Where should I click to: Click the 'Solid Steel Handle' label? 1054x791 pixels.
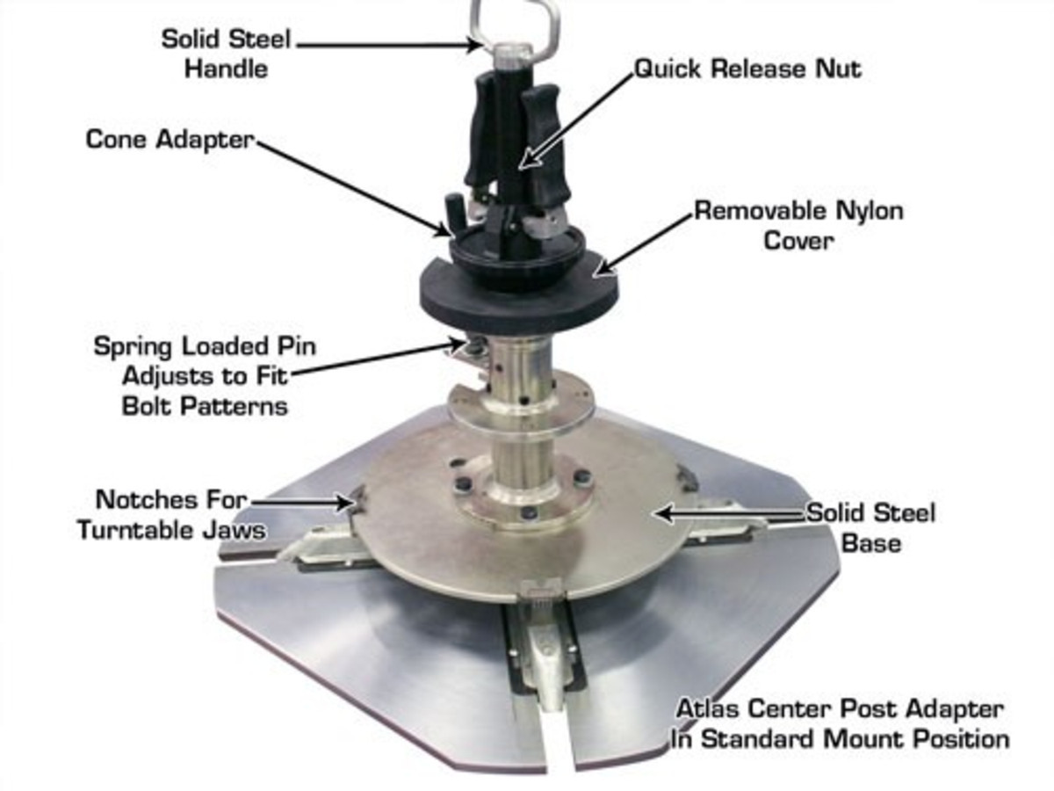[x=227, y=54]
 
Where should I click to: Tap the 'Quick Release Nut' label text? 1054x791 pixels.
[x=747, y=69]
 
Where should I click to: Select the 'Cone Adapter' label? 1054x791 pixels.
[x=170, y=140]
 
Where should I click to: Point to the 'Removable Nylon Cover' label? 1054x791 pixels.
[x=798, y=225]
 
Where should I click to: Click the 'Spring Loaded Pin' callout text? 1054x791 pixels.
[x=205, y=345]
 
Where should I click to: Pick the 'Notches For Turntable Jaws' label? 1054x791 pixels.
[x=172, y=515]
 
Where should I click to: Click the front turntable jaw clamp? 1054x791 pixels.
[x=545, y=642]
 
